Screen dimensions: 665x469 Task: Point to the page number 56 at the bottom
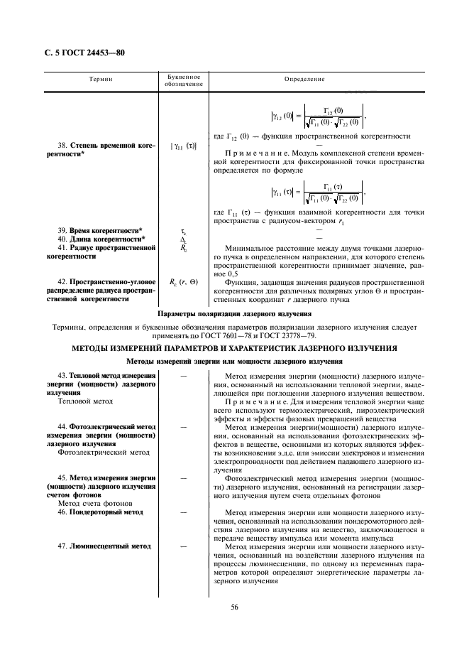(234, 606)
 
